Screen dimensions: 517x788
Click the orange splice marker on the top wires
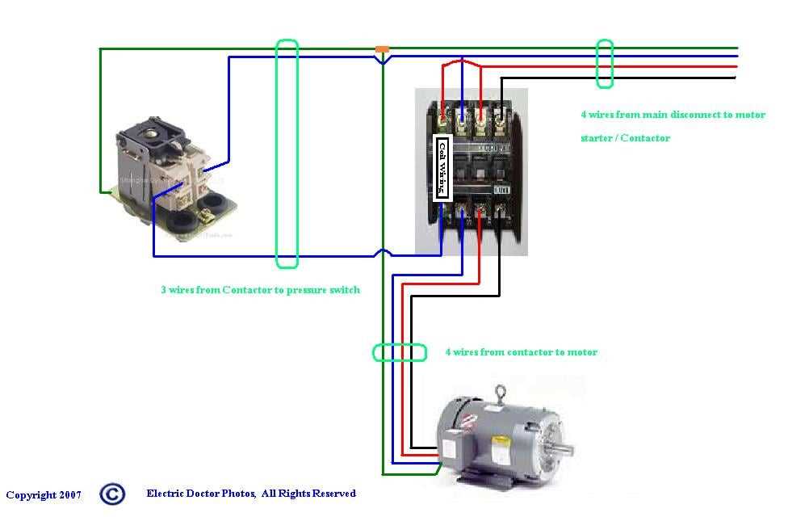click(383, 50)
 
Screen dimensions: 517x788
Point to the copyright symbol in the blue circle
click(112, 494)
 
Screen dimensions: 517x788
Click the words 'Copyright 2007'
click(44, 495)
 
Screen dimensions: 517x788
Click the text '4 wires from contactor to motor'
click(522, 352)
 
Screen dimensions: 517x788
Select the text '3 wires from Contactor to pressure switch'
click(260, 290)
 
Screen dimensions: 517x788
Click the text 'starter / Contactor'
click(625, 138)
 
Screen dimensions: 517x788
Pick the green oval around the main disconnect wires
click(605, 64)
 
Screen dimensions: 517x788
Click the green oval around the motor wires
click(399, 352)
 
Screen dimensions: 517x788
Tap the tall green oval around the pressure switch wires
click(287, 153)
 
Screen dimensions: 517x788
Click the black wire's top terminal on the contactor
click(501, 123)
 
